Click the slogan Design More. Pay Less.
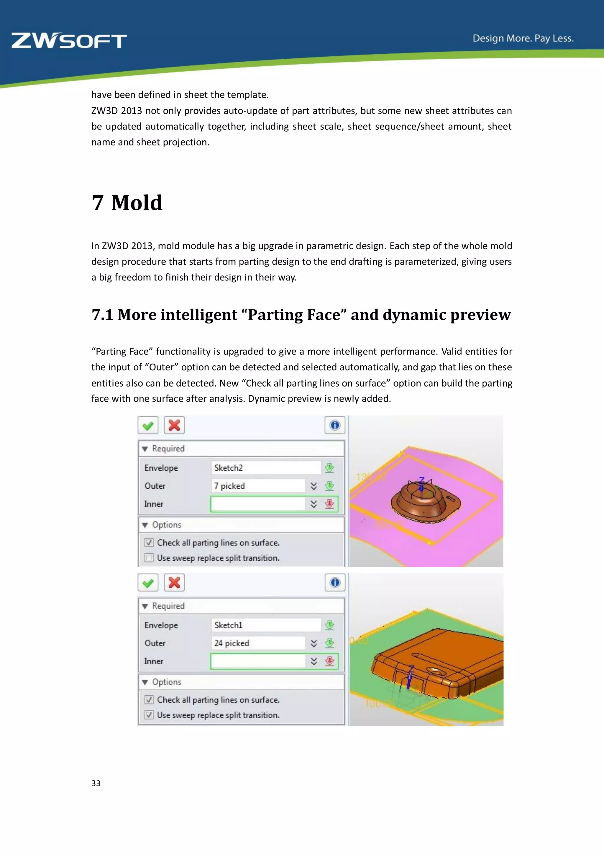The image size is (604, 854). pos(523,38)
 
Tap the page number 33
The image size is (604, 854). pos(96,783)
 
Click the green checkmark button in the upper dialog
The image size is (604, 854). pos(148,425)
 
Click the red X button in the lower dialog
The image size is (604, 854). pos(174,582)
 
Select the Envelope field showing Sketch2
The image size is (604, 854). pos(265,468)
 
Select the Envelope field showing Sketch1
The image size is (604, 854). pos(265,625)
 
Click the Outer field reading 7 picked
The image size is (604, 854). pos(258,486)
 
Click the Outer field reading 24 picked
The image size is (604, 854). pos(258,643)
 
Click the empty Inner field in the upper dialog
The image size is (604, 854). pos(258,504)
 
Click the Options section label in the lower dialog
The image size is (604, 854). pos(166,682)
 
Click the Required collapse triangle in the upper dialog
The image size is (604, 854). pos(145,449)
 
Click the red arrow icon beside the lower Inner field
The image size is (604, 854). pos(329,661)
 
